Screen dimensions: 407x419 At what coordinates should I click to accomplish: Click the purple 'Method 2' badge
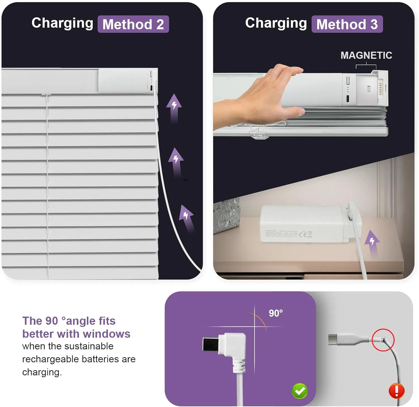[x=133, y=24]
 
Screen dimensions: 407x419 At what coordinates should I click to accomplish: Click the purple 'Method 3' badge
[x=347, y=24]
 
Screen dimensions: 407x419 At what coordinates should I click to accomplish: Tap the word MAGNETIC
[x=366, y=55]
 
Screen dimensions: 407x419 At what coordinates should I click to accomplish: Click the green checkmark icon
[x=300, y=391]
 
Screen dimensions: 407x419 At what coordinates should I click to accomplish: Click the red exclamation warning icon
[x=396, y=391]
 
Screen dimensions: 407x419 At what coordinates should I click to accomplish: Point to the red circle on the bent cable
[x=383, y=340]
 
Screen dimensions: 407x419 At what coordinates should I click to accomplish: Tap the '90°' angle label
[x=276, y=313]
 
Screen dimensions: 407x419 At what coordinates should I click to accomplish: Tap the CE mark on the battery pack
[x=303, y=235]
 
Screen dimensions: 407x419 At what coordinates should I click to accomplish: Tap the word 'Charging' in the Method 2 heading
[x=62, y=23]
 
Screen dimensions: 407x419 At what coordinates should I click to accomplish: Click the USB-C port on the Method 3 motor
[x=348, y=99]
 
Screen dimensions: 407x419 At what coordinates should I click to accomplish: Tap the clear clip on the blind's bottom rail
[x=258, y=134]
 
